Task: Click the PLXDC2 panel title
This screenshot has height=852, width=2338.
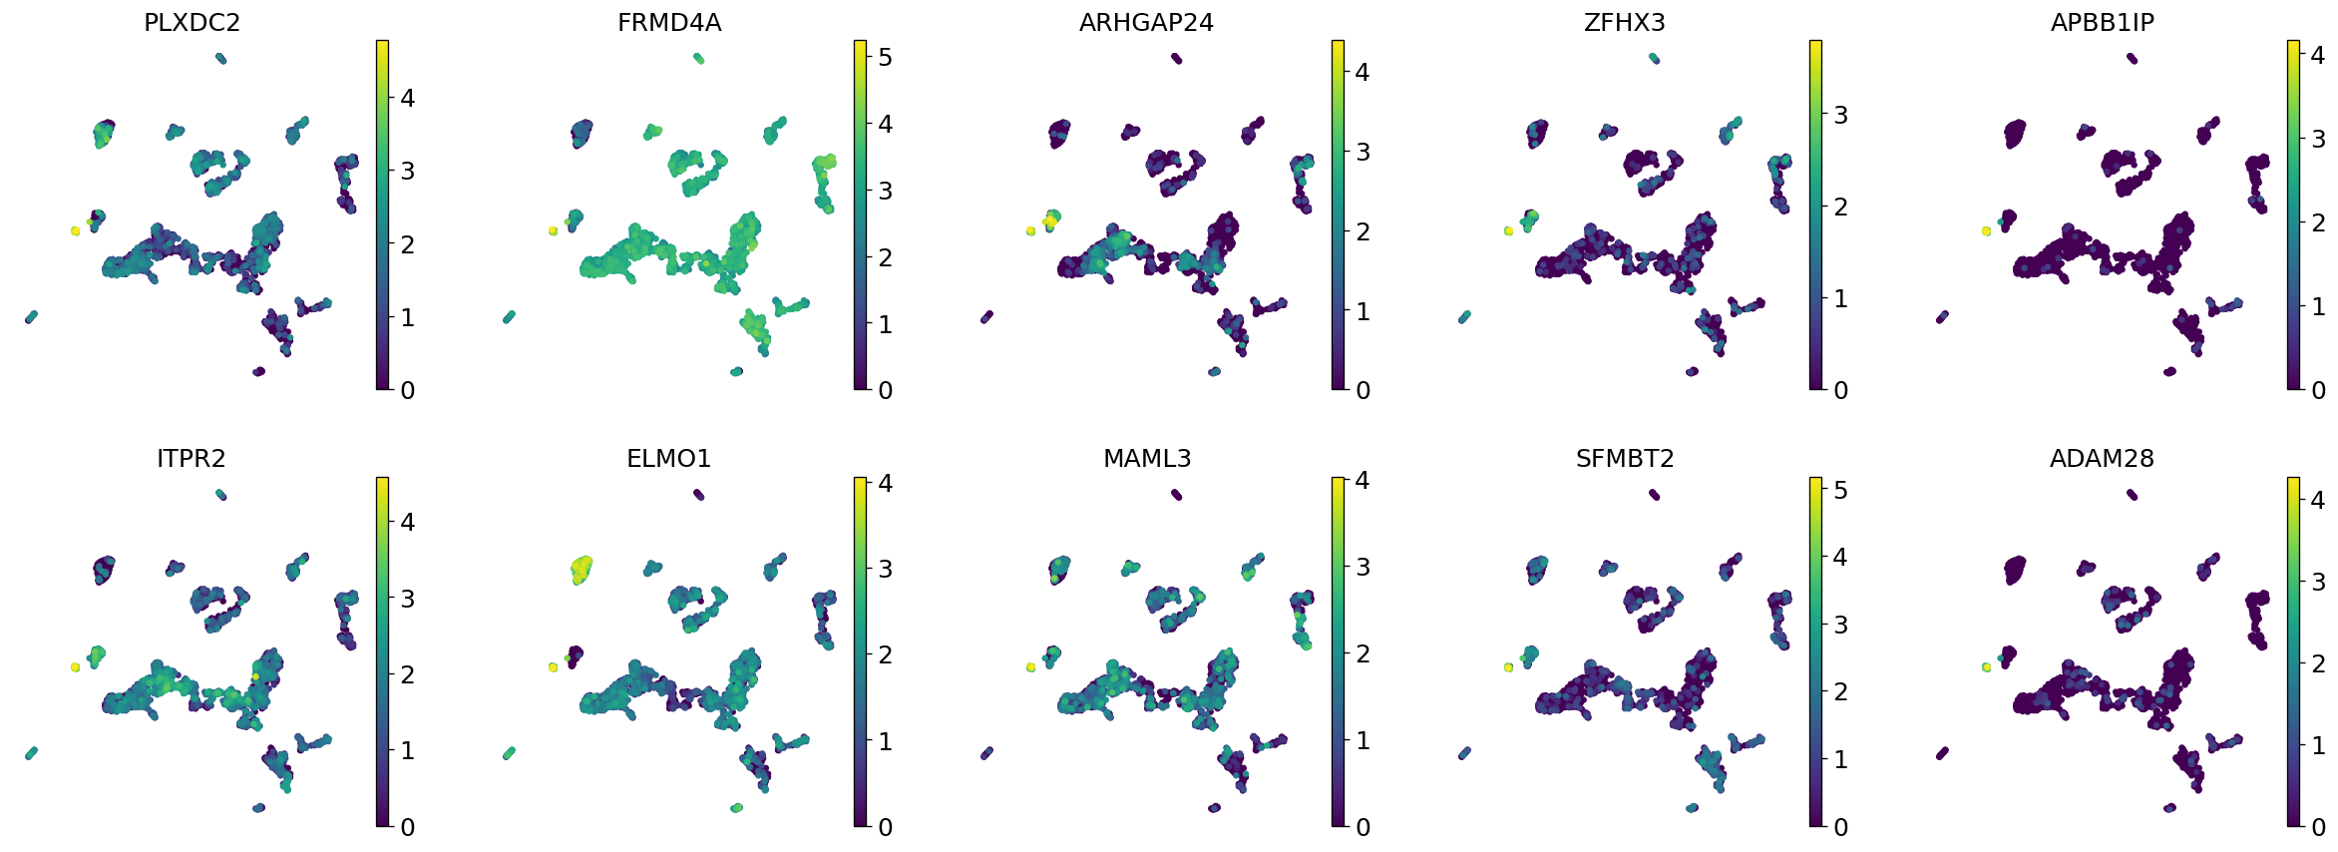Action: tap(192, 23)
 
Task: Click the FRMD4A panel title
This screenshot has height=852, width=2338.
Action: tap(668, 23)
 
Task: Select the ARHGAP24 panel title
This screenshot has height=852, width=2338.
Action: tap(1146, 23)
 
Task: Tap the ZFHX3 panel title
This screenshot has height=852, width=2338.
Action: tap(1624, 23)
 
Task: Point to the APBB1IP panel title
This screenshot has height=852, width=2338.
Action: tap(2102, 23)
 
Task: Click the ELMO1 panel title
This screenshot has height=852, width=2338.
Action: tap(668, 459)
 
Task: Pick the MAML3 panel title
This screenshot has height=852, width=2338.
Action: tap(1146, 459)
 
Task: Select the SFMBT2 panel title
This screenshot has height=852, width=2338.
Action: tap(1624, 459)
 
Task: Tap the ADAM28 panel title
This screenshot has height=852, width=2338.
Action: tap(2102, 459)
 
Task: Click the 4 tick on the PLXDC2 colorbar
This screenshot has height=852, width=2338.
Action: tap(407, 98)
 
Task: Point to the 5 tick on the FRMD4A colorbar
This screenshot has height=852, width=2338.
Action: tap(885, 58)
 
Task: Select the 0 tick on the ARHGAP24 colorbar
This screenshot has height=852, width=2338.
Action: tap(1363, 390)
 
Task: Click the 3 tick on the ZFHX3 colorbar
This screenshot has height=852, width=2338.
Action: tap(1840, 116)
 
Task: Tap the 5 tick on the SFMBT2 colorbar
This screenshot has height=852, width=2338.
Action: tap(1840, 491)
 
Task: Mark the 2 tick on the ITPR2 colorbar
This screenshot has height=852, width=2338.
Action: tap(407, 674)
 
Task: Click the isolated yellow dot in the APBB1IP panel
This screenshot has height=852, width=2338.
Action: tap(1986, 231)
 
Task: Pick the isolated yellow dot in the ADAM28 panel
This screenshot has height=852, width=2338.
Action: tap(1986, 667)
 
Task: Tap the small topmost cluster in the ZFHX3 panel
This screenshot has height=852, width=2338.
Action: tap(1654, 59)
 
